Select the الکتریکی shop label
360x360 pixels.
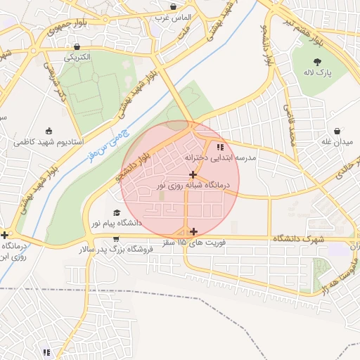[x=77, y=57]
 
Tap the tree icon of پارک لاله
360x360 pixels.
[x=318, y=61]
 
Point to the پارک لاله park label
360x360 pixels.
[x=318, y=72]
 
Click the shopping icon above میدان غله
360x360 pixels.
[x=337, y=131]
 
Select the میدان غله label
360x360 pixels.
[x=337, y=142]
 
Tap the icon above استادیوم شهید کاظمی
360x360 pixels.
[x=48, y=131]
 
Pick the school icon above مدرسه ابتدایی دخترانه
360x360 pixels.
[x=220, y=148]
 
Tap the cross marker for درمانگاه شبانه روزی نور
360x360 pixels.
[x=193, y=174]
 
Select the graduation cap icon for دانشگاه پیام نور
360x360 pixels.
[x=116, y=212]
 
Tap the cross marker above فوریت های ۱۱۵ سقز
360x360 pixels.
[x=193, y=231]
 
